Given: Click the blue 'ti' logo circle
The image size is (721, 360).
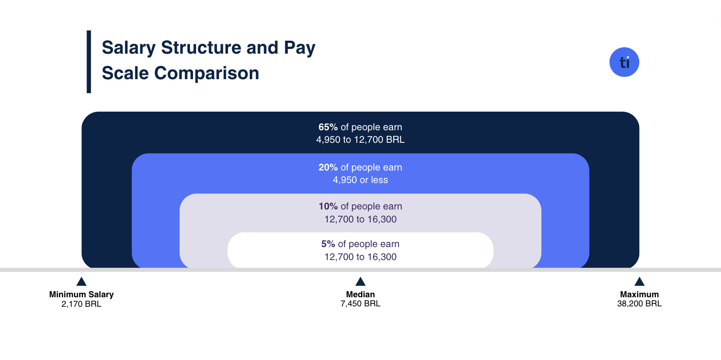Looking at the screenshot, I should point(624,62).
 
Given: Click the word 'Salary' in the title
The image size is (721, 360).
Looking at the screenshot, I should point(129,48).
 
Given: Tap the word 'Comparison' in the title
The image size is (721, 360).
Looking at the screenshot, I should point(206,73).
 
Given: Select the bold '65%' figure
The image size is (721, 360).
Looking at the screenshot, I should point(328,127).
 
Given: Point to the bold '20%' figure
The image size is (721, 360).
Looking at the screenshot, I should point(328,167).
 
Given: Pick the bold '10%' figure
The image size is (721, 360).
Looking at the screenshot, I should point(328,206).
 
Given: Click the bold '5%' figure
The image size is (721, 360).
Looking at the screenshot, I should point(328,244).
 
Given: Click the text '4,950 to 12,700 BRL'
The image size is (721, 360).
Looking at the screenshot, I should point(360,140).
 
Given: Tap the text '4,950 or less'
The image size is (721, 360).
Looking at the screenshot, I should point(360,180).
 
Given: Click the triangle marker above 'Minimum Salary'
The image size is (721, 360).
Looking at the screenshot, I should point(81,282).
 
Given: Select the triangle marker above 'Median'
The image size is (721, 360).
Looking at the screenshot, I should point(360,282).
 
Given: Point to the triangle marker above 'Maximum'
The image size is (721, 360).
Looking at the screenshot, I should point(639,282).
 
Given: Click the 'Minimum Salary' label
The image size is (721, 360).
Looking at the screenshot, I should point(81,294).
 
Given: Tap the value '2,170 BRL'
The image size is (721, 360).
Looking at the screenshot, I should point(81,304).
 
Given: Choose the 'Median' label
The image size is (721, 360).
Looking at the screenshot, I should point(360,294).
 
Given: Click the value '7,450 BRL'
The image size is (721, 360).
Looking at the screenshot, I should point(360,304).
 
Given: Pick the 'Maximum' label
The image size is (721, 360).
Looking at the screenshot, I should point(639,294).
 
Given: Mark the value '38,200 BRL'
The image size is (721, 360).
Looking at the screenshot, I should point(639,304).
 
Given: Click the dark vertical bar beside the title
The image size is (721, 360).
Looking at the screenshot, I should point(89,62).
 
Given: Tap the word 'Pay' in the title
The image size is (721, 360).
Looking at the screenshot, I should point(299,48).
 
